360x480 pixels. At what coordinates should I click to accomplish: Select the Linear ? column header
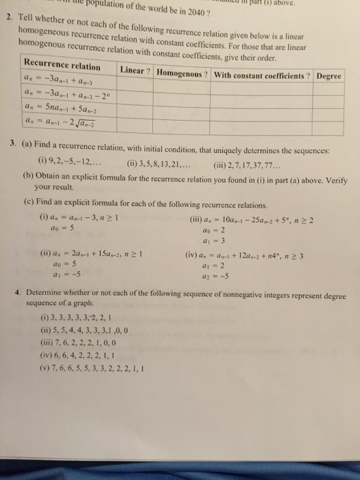[x=136, y=71]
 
